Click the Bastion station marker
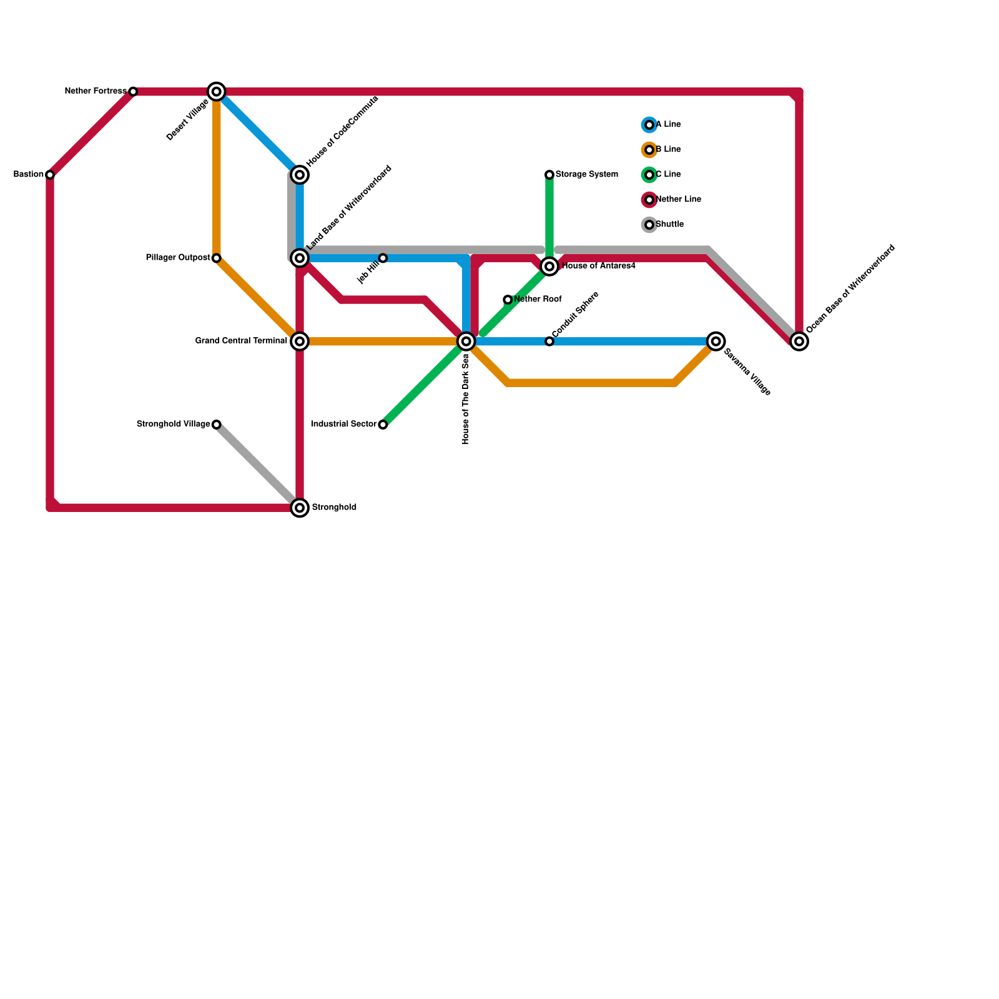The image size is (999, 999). coord(50,175)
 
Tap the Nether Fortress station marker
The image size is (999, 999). coord(133,92)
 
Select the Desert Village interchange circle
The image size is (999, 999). coord(217,92)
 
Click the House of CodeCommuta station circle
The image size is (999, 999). coord(300,175)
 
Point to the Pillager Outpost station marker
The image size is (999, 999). coord(217,258)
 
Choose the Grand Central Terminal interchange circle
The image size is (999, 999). coord(300,342)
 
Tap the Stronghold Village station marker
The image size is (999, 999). coord(217,425)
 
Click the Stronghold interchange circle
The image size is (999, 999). coord(300,508)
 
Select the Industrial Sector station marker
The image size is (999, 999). coord(383,425)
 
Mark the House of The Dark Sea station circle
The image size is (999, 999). coord(466,342)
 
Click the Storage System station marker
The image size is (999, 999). coord(549,175)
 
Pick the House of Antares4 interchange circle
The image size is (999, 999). coord(549,267)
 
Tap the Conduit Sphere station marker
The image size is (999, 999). coord(549,342)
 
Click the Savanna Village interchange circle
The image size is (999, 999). coord(716,342)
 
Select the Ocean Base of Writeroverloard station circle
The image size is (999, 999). coord(799,342)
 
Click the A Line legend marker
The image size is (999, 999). coord(649,125)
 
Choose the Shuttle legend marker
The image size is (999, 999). coord(649,225)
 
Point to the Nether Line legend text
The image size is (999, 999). coord(679,200)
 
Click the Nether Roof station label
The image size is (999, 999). coord(538,300)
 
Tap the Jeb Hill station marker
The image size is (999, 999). coord(383,258)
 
